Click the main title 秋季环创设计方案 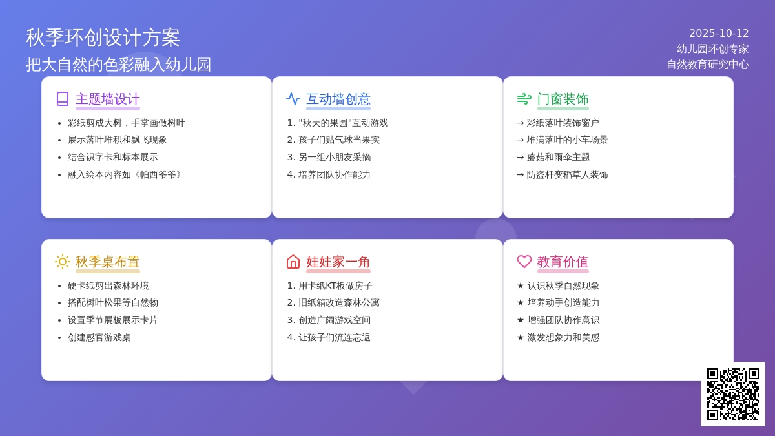pos(103,37)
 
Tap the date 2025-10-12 pos(719,33)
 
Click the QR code pos(733,394)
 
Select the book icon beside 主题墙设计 pos(63,99)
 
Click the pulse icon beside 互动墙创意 pos(293,99)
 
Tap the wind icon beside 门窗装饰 pos(524,99)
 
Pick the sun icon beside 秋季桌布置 pos(63,262)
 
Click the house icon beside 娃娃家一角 pos(293,262)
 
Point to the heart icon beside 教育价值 pos(524,262)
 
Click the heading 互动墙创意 pos(338,99)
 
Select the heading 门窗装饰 pos(563,99)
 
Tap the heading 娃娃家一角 pos(338,262)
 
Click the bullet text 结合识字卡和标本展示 pos(113,157)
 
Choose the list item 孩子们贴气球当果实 pos(339,140)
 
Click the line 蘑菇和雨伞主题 pos(558,157)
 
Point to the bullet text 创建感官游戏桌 pos(99,337)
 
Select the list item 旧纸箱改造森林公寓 pos(339,303)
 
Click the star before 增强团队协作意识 pos(521,320)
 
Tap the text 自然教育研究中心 pos(708,65)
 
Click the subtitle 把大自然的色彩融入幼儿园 pos(118,65)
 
